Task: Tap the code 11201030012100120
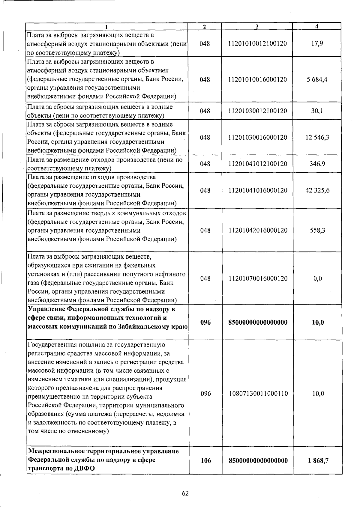257,111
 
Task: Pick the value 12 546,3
317,137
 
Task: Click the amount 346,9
317,164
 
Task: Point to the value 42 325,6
317,190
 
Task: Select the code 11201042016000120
258,230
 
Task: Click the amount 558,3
317,230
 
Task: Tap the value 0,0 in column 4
318,278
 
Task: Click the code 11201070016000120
258,278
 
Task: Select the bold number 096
205,323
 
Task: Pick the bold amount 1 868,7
318,460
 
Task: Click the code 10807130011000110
258,394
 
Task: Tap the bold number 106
206,460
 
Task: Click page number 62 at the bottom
185,493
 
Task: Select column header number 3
257,26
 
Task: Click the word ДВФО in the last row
84,469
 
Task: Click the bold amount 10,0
318,323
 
